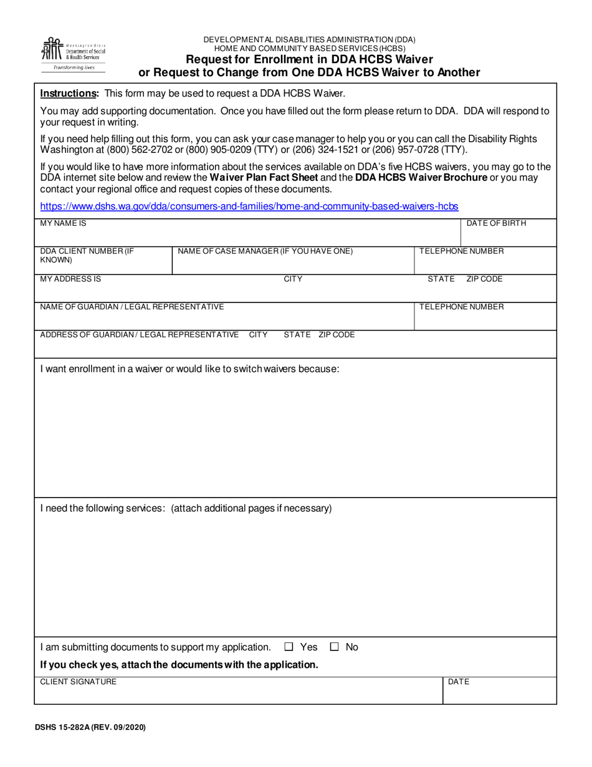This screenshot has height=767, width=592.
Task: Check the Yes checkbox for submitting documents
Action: tap(289, 647)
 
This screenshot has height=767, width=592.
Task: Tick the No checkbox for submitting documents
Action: tap(335, 647)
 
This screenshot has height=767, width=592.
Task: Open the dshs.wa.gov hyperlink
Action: tap(249, 206)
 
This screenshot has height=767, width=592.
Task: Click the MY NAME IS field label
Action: tap(63, 223)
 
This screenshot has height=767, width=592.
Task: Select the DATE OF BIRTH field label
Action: tap(496, 223)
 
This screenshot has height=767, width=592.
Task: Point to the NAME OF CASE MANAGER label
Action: tap(265, 251)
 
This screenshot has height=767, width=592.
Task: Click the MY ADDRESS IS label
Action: tap(70, 279)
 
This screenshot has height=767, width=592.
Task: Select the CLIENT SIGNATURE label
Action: tap(78, 682)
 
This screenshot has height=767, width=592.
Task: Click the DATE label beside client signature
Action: tap(459, 682)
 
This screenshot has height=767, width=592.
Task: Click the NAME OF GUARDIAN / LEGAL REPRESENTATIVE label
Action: tap(132, 307)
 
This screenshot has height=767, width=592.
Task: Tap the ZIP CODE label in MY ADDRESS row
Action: tap(484, 279)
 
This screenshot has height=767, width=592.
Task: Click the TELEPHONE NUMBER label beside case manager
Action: tap(462, 251)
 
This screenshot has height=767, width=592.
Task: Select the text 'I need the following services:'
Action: tap(103, 508)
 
